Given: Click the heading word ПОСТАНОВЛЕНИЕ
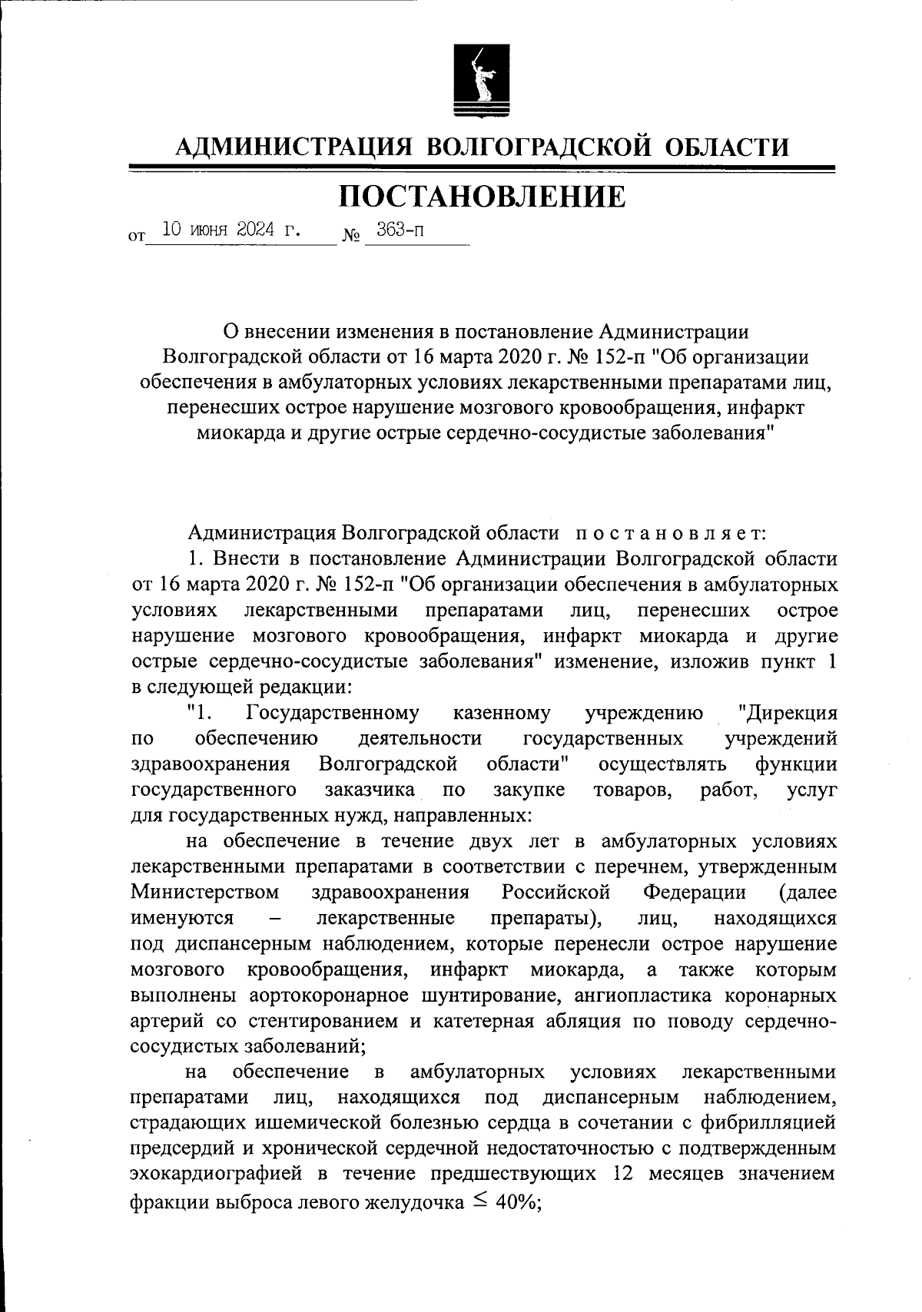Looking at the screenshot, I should coord(483,197).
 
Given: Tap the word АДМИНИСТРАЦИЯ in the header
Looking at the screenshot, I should coord(295,146).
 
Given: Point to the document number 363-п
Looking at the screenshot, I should coord(400,230).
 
